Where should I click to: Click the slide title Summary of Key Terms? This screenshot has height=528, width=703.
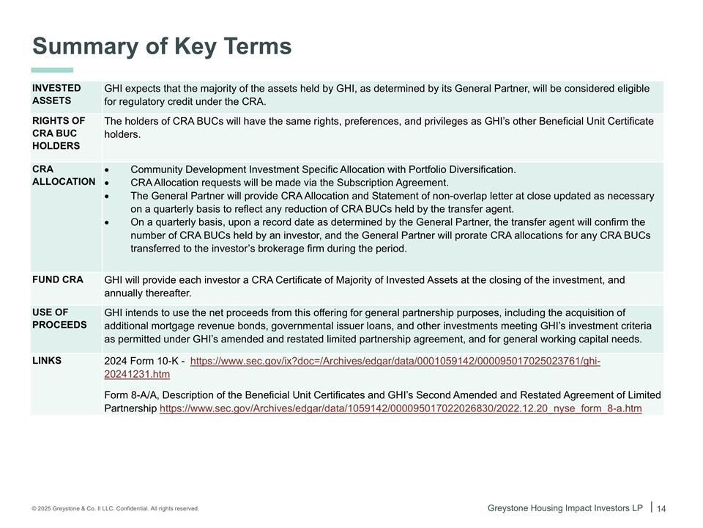[162, 46]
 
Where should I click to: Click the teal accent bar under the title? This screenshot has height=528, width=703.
[52, 70]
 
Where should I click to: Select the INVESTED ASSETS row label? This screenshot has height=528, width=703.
[56, 95]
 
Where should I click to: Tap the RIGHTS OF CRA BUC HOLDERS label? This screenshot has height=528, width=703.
[59, 133]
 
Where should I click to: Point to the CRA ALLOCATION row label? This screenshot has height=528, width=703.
[63, 175]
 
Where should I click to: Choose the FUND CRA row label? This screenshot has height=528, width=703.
[57, 279]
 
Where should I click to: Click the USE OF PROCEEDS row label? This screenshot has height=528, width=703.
[59, 318]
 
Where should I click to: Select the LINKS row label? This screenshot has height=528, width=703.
[47, 360]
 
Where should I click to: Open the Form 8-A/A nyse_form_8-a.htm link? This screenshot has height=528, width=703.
[400, 408]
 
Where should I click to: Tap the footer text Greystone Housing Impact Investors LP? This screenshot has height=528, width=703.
[565, 507]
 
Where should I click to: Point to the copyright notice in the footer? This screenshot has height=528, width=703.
[115, 508]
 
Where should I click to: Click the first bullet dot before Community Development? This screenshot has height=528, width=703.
[108, 169]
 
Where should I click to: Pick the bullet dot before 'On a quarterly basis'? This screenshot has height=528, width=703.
[108, 222]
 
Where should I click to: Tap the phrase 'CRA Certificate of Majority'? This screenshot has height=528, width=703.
[314, 280]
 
